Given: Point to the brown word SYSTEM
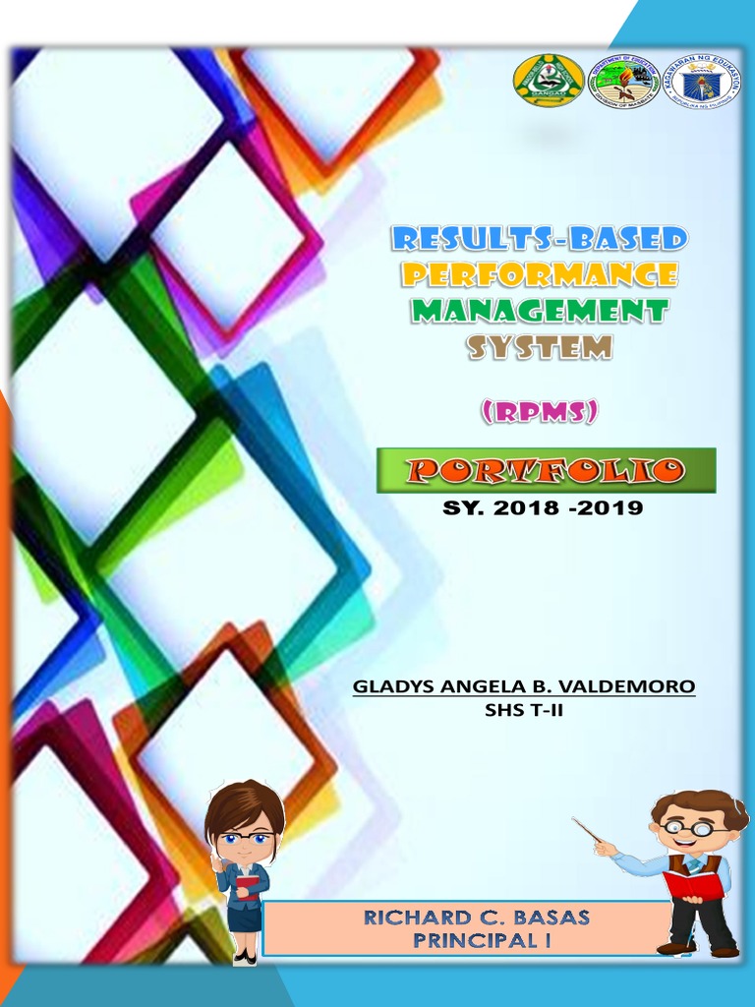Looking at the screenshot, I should [x=540, y=347].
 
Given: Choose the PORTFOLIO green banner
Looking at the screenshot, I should [x=546, y=471].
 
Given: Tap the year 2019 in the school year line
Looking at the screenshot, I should [x=610, y=508].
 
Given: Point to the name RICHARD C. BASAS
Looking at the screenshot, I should [x=477, y=918].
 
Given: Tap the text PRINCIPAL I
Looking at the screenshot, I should [x=477, y=940].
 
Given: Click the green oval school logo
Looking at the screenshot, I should [x=548, y=80].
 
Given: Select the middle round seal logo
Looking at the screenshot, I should [x=623, y=80].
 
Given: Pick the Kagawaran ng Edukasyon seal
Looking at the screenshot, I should [x=702, y=80].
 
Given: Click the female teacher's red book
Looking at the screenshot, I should [x=247, y=886].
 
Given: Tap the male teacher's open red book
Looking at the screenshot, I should [x=693, y=883].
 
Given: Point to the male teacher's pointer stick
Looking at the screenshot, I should [x=587, y=831].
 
